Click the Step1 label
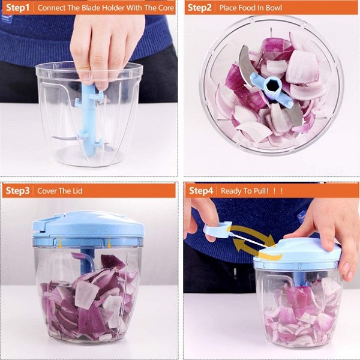[x=17, y=8]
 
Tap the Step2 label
[x=199, y=8]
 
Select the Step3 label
[x=17, y=191]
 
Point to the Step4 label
[x=201, y=191]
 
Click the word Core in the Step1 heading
[x=166, y=8]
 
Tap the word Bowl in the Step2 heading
[x=274, y=8]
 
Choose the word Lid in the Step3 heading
[x=77, y=191]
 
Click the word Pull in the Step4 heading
[x=260, y=191]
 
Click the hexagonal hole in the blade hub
[x=272, y=85]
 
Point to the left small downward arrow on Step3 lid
[x=60, y=243]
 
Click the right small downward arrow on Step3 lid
[x=109, y=243]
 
